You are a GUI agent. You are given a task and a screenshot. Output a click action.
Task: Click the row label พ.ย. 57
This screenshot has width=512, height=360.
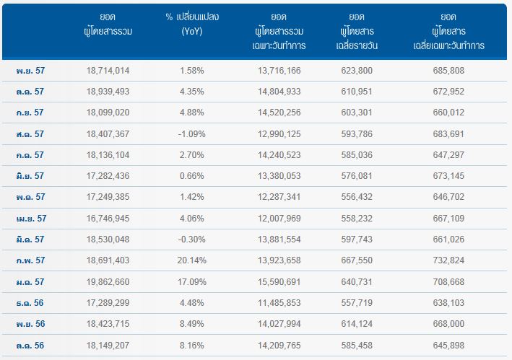tap(30, 71)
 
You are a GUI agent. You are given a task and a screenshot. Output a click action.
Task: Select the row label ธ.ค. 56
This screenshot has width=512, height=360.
tap(30, 303)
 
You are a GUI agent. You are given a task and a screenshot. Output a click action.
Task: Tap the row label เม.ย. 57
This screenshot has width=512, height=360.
tap(31, 218)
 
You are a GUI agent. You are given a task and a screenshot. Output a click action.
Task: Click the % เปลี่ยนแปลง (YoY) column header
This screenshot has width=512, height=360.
tap(192, 24)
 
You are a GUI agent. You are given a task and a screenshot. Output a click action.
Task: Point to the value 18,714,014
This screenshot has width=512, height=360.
tap(108, 71)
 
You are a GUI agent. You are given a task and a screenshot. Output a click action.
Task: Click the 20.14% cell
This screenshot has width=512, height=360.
tap(192, 260)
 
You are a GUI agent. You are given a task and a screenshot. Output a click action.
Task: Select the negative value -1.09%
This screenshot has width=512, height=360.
tap(191, 133)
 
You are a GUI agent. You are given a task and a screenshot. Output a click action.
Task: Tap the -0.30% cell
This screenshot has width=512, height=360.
tap(191, 240)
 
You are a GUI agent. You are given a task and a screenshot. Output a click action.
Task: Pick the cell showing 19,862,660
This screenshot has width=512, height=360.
tap(108, 282)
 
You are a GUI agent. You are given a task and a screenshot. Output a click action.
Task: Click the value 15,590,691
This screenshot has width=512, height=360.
tap(279, 282)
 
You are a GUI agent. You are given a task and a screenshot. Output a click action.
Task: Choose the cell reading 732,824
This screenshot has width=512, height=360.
tap(448, 260)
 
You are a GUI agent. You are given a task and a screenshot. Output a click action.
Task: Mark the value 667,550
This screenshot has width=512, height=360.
tap(357, 260)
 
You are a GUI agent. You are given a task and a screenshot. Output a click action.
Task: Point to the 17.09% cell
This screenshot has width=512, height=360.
tap(192, 282)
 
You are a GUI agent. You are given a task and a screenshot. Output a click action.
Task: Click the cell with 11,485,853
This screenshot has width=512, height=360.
tap(279, 303)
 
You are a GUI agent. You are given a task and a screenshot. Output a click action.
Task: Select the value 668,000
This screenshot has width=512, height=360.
tap(448, 324)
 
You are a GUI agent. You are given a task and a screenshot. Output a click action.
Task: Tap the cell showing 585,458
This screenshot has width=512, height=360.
tap(357, 346)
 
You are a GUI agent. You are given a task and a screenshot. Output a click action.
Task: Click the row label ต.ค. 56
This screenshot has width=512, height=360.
tap(30, 346)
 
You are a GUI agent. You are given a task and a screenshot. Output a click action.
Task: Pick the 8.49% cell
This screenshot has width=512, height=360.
tap(192, 324)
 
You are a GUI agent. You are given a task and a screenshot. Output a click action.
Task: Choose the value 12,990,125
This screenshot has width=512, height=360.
tap(279, 133)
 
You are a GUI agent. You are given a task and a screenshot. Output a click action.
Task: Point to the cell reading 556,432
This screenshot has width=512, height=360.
tap(357, 197)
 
